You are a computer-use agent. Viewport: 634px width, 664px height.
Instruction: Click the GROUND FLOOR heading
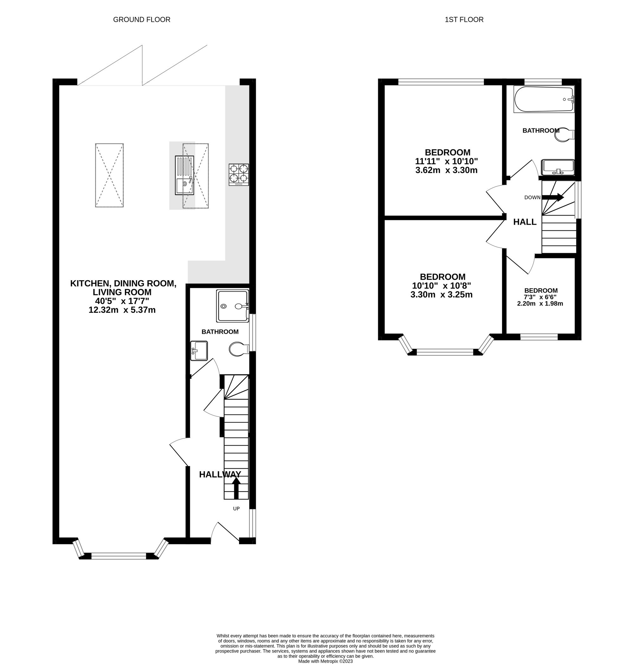(x=142, y=20)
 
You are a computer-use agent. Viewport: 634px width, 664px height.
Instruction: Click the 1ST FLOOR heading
(x=464, y=20)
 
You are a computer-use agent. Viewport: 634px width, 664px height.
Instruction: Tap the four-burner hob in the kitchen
(x=239, y=174)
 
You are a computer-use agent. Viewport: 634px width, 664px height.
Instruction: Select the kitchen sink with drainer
(x=184, y=175)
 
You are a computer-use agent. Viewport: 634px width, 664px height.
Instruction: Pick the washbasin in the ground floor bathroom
(x=199, y=351)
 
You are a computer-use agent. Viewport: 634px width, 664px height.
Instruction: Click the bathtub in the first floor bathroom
(x=544, y=99)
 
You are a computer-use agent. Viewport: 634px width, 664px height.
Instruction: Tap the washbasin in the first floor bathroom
(x=558, y=167)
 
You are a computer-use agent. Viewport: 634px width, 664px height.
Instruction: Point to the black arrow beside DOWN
(x=553, y=197)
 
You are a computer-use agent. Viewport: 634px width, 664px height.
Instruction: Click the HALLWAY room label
(x=220, y=474)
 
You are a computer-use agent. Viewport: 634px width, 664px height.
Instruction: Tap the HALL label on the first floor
(x=525, y=222)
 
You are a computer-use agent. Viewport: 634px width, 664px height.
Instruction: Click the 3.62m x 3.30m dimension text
(x=446, y=170)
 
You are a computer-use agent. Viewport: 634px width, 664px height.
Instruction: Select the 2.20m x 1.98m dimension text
(x=540, y=303)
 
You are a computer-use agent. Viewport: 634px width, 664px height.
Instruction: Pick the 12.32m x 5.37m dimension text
(x=122, y=310)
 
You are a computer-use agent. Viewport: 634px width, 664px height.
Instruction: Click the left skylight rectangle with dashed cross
(x=109, y=175)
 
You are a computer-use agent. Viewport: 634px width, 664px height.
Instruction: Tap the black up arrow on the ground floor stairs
(x=236, y=487)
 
